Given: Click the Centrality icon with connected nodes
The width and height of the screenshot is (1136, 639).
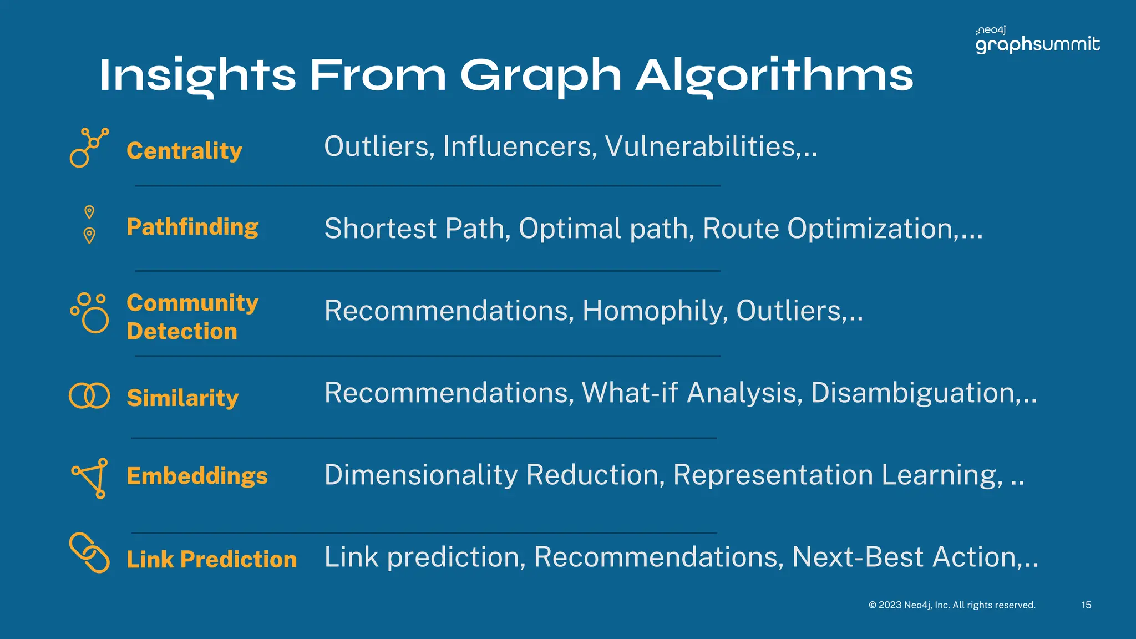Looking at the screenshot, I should pyautogui.click(x=89, y=148).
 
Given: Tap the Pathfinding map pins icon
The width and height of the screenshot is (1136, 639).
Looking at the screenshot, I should pyautogui.click(x=89, y=225).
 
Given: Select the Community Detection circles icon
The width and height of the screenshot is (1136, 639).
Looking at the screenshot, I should pyautogui.click(x=89, y=312).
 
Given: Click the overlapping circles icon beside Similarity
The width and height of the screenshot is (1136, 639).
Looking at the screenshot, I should pyautogui.click(x=89, y=396).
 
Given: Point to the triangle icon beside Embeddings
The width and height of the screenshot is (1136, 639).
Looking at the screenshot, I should pyautogui.click(x=90, y=478).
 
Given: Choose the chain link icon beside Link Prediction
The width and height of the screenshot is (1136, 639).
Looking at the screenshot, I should pyautogui.click(x=89, y=552).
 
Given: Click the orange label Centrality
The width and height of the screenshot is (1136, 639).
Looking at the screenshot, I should pyautogui.click(x=184, y=151).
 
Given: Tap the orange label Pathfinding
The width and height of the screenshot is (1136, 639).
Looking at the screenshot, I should pyautogui.click(x=192, y=227).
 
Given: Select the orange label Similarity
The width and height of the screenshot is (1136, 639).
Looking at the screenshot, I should pyautogui.click(x=182, y=398).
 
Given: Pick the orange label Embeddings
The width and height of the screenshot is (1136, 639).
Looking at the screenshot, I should pyautogui.click(x=197, y=476).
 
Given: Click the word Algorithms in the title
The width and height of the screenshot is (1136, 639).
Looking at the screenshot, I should pyautogui.click(x=774, y=75).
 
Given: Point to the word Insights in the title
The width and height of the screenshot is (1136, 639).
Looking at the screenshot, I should pyautogui.click(x=198, y=75).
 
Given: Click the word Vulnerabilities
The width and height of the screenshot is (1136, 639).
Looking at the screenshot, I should pyautogui.click(x=701, y=146).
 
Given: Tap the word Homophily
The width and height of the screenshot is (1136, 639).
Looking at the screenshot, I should pyautogui.click(x=655, y=311).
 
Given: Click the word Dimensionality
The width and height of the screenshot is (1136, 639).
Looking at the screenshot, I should pyautogui.click(x=421, y=475).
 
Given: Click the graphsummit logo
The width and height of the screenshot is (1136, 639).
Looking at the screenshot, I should pyautogui.click(x=1037, y=40).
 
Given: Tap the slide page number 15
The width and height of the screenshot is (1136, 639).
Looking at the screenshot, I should pyautogui.click(x=1086, y=605).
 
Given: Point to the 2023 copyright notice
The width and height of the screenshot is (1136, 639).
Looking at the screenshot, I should pyautogui.click(x=952, y=605).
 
